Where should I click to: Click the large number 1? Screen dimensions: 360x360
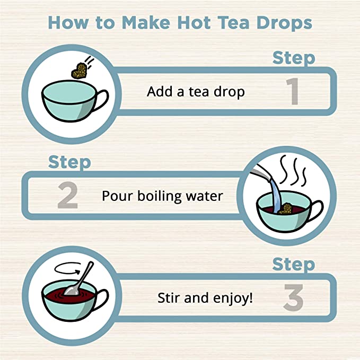tap(290, 92)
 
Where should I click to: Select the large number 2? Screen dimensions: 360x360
tap(68, 196)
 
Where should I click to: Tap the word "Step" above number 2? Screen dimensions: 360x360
tap(69, 162)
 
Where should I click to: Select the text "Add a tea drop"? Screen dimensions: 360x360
tap(196, 92)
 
